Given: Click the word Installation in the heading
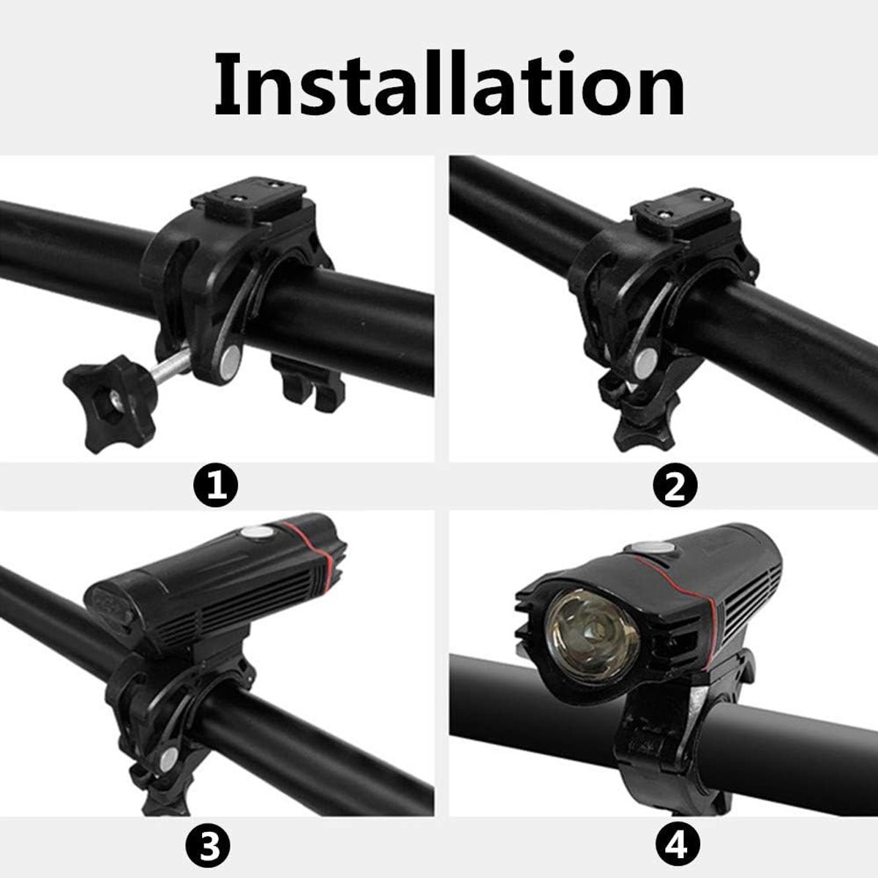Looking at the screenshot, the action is tap(449, 84).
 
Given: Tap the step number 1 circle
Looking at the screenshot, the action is tap(216, 486).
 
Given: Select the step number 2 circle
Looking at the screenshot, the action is tap(675, 486).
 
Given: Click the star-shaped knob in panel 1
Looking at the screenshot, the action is tap(111, 402).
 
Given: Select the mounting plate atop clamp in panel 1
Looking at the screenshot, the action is tap(254, 201).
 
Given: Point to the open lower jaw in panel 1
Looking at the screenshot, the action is tap(309, 382).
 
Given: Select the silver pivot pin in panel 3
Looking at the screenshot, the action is tap(168, 758).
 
